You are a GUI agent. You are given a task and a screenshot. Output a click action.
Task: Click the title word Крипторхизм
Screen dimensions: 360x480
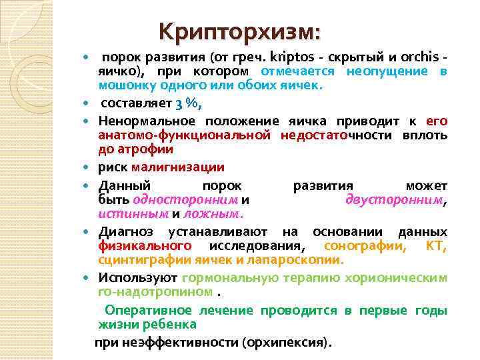[239, 31]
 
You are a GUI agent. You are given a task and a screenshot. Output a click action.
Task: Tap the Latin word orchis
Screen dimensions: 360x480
[424, 57]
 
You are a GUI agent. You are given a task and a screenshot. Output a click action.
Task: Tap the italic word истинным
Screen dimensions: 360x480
[133, 214]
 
